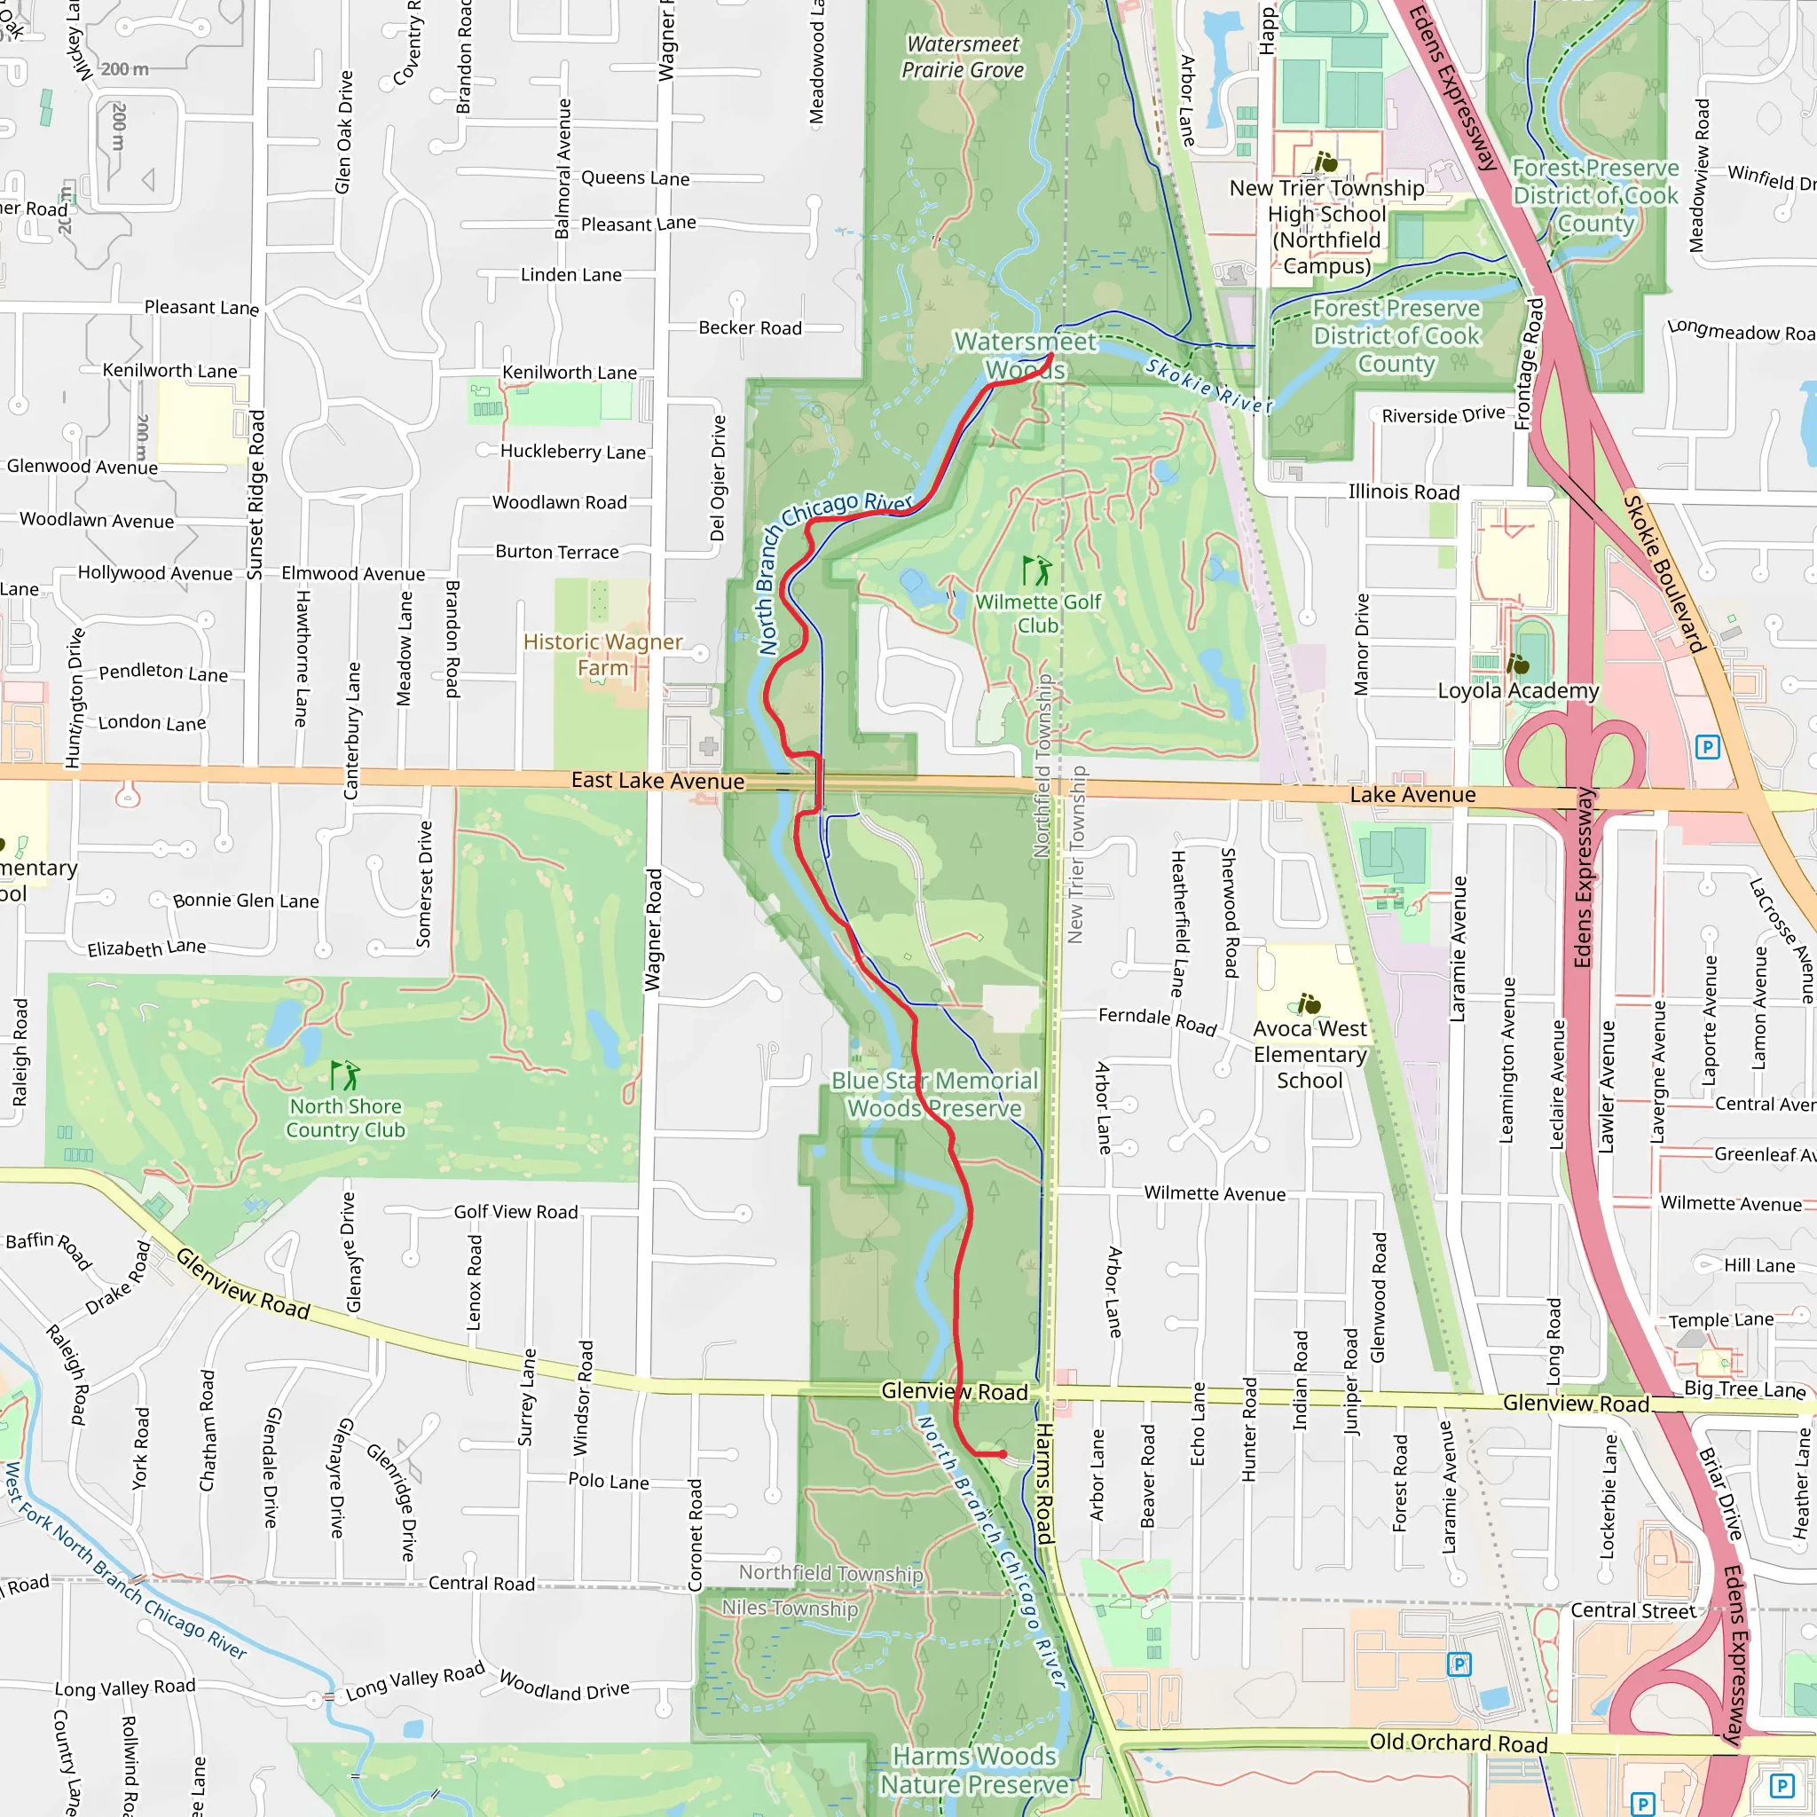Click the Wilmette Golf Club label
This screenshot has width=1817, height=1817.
1037,613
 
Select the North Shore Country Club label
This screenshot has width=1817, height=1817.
345,1117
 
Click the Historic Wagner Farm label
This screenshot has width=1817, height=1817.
602,655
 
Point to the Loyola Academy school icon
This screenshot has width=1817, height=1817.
1517,665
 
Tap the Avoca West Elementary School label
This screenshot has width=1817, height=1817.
1310,1054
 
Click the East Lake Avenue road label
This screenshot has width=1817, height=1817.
657,781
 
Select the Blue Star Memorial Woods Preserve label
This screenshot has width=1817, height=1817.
934,1094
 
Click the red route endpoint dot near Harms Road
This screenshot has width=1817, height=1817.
1003,1454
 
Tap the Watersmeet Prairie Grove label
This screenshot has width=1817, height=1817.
963,58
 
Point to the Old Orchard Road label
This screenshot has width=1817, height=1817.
1458,1742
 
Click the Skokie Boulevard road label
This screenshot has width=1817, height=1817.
1664,574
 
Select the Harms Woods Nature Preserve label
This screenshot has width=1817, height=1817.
973,1770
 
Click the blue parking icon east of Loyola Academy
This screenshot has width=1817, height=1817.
1707,748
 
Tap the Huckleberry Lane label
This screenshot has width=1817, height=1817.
573,452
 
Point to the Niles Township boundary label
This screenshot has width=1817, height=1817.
790,1609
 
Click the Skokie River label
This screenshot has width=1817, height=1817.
1208,386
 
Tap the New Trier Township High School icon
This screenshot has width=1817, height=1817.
1325,162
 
